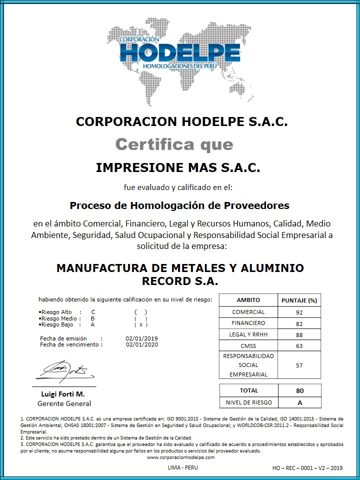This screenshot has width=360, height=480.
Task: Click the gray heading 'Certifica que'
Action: (x=174, y=144)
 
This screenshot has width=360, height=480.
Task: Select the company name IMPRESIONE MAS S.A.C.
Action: (x=178, y=167)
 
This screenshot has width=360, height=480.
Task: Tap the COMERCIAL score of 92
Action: (x=299, y=312)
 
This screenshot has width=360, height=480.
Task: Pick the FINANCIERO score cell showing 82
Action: (x=299, y=323)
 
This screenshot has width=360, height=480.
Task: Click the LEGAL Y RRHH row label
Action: (x=248, y=334)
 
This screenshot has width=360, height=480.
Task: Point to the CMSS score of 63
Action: (x=299, y=346)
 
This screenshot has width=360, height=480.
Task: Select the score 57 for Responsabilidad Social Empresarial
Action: (x=299, y=365)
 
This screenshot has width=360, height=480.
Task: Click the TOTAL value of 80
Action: (x=299, y=390)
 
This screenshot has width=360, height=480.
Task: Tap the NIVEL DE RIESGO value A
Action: (x=299, y=402)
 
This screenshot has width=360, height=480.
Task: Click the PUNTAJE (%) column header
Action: (x=299, y=300)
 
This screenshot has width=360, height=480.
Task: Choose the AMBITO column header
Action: (x=248, y=300)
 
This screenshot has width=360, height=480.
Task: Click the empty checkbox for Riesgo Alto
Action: (x=140, y=312)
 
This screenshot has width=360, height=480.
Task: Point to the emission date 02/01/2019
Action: (x=142, y=338)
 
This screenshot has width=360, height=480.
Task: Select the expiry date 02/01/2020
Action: (x=142, y=344)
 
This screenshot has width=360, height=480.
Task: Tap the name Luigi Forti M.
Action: (x=63, y=394)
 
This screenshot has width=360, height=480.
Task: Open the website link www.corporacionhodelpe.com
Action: (x=180, y=457)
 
